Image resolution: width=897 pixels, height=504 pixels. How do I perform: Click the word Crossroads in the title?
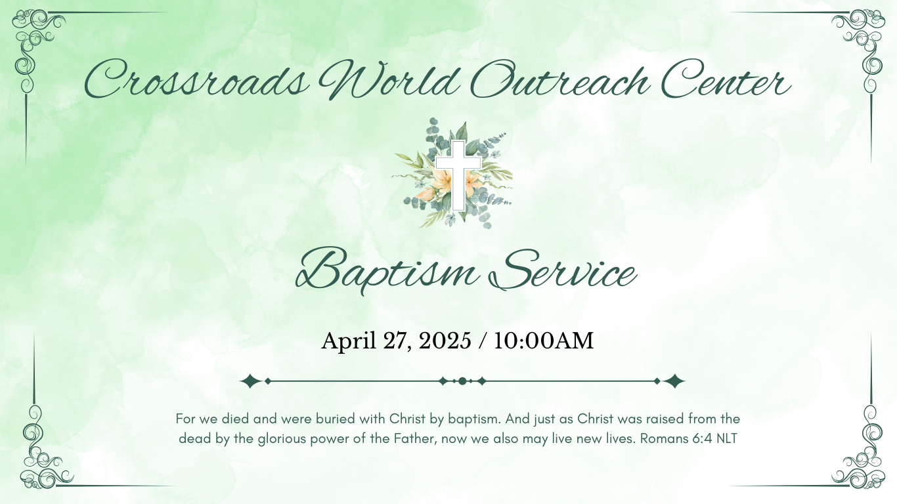tap(196, 80)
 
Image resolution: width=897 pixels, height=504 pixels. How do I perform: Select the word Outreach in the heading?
tap(559, 79)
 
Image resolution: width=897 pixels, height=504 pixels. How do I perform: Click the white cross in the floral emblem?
tap(458, 175)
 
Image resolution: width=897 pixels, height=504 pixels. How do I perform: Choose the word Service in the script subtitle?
tap(563, 270)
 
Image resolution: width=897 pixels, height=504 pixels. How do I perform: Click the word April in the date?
tap(349, 341)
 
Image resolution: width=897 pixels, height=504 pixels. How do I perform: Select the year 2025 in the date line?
tap(445, 341)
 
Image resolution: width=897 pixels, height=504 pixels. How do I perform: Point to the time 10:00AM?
tap(544, 341)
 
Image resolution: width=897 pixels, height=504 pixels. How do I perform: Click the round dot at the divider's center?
tap(462, 381)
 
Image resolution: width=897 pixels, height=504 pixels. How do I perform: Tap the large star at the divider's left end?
tap(251, 381)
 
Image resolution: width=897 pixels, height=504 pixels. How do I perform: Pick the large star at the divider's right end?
tap(674, 381)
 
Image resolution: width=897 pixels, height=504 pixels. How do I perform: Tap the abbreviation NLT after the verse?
tap(727, 439)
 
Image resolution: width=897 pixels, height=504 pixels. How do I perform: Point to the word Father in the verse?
tap(416, 439)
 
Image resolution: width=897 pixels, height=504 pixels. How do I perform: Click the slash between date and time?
tap(483, 341)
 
